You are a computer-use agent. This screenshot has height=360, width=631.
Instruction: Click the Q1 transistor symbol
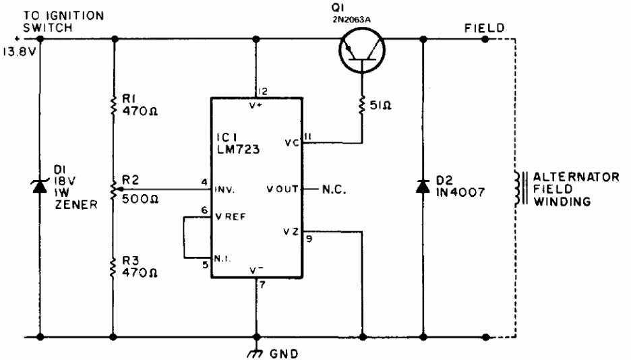pos(361,51)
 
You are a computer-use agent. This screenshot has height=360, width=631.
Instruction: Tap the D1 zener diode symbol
pos(40,187)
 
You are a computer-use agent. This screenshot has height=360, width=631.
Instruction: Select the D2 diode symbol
pos(423,187)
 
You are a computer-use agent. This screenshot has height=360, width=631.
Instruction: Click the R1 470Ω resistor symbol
pos(114,104)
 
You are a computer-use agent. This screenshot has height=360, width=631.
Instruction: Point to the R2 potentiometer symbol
pos(114,188)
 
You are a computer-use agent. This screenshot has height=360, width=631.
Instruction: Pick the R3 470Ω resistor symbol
pos(114,267)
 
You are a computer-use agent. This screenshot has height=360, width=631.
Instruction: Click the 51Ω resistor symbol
pos(362,105)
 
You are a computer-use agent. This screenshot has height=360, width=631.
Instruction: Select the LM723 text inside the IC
pos(238,150)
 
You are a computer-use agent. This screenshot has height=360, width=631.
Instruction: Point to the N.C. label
pos(334,189)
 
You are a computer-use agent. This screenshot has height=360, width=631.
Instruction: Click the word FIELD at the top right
pos(485,28)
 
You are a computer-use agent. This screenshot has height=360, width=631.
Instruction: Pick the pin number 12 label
pos(262,92)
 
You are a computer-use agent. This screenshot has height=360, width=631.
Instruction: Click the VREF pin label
pos(230,217)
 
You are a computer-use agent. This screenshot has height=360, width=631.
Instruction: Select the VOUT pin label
pos(282,189)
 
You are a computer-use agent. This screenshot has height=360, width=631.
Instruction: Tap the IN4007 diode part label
pos(460,192)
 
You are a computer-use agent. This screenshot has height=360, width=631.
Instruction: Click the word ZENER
pos(76,205)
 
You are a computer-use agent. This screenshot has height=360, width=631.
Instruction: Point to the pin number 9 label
pos(309,239)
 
